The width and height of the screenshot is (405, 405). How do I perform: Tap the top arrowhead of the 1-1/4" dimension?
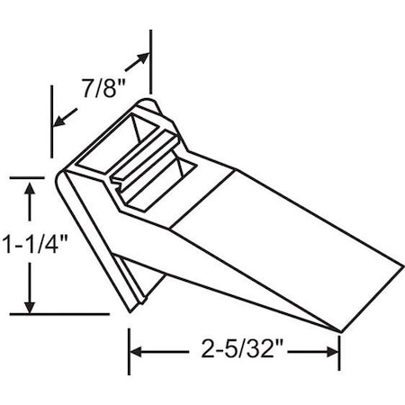click(x=31, y=187)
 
